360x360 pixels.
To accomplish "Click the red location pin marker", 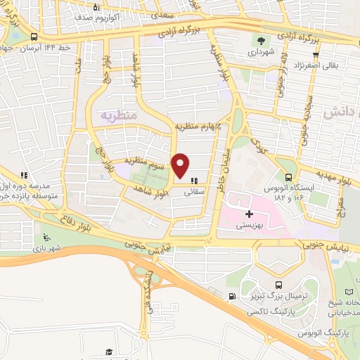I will tap(181, 165).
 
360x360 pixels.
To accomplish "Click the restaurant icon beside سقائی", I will tap(194, 180).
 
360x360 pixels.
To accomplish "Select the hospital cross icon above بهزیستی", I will tap(249, 212).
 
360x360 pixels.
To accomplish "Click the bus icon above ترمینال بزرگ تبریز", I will tap(279, 285).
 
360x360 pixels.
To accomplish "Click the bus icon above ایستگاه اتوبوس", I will tap(290, 178).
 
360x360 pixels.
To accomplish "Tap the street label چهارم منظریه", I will tap(198, 127).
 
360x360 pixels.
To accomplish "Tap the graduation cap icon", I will tap(109, 352).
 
